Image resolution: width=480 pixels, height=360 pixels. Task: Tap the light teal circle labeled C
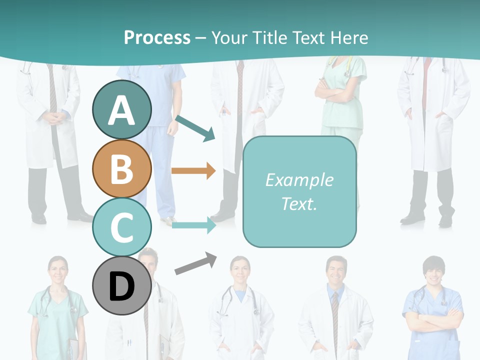[x=121, y=227]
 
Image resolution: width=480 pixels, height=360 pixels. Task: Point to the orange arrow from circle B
[x=193, y=170]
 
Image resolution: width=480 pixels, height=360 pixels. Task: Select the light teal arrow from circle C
[x=193, y=225]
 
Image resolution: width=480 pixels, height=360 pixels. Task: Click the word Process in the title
[x=157, y=37]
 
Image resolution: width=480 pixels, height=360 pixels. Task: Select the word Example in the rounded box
[x=299, y=180]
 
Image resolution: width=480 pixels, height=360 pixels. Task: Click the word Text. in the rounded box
[x=299, y=203]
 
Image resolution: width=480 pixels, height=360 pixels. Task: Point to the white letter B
[x=121, y=168]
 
